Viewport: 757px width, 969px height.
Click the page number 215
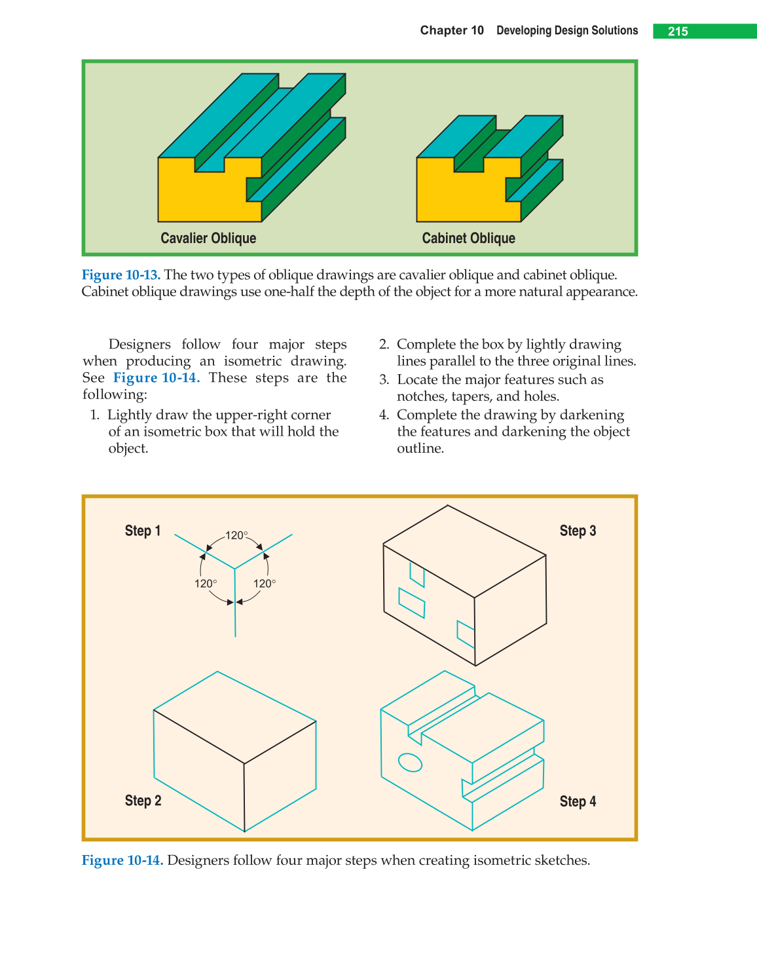point(678,31)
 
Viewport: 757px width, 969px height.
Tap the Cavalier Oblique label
point(208,238)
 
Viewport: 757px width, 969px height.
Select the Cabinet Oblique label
point(468,238)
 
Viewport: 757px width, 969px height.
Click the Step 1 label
point(143,531)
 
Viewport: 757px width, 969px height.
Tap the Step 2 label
point(143,801)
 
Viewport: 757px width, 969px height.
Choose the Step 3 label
point(578,531)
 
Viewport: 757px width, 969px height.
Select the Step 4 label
point(578,801)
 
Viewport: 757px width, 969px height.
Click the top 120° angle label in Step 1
point(236,535)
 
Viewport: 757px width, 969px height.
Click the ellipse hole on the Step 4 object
point(411,762)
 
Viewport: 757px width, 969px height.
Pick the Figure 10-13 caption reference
point(121,275)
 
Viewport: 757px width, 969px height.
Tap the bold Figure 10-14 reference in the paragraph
point(157,378)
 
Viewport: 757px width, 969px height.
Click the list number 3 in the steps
point(384,380)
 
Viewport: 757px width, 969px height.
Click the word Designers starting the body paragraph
point(139,345)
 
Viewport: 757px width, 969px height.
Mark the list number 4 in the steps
point(384,415)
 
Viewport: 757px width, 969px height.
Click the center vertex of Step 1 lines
point(235,568)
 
